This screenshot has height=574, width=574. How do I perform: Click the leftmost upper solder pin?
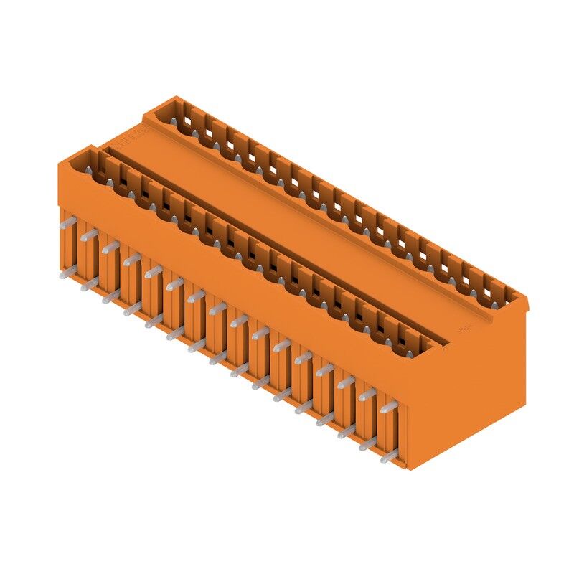coord(65,223)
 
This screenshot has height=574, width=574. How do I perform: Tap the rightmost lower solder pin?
coord(388,456)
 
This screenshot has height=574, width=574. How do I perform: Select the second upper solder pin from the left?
coord(88,235)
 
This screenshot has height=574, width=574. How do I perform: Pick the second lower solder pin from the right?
coord(367,445)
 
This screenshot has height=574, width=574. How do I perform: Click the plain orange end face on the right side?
coord(474,387)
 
